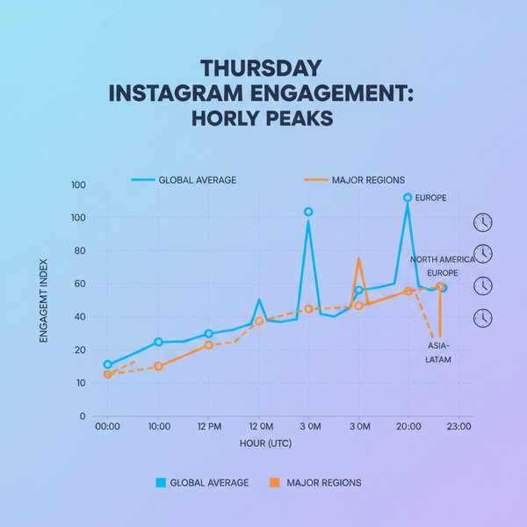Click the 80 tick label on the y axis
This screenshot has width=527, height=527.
pyautogui.click(x=79, y=251)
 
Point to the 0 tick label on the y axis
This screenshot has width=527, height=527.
pyautogui.click(x=83, y=416)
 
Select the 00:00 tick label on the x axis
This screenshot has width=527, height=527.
pyautogui.click(x=107, y=427)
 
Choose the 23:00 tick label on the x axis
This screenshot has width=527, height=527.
pyautogui.click(x=458, y=427)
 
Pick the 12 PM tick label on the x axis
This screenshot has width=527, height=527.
pyautogui.click(x=208, y=427)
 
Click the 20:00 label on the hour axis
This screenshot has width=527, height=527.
pyautogui.click(x=408, y=427)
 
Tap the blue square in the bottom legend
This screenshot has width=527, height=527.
pyautogui.click(x=160, y=482)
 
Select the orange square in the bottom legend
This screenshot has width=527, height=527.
pyautogui.click(x=273, y=482)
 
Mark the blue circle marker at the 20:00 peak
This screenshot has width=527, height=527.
pyautogui.click(x=408, y=198)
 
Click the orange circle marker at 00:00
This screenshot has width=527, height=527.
pyautogui.click(x=108, y=374)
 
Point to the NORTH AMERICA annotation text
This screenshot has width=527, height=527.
pyautogui.click(x=442, y=260)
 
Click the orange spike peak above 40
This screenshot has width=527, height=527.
pyautogui.click(x=358, y=258)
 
